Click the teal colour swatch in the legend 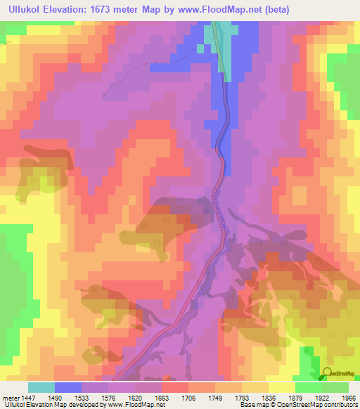pos(41,387)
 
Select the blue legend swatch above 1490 pos(68,387)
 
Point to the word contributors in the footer pos(337,405)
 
